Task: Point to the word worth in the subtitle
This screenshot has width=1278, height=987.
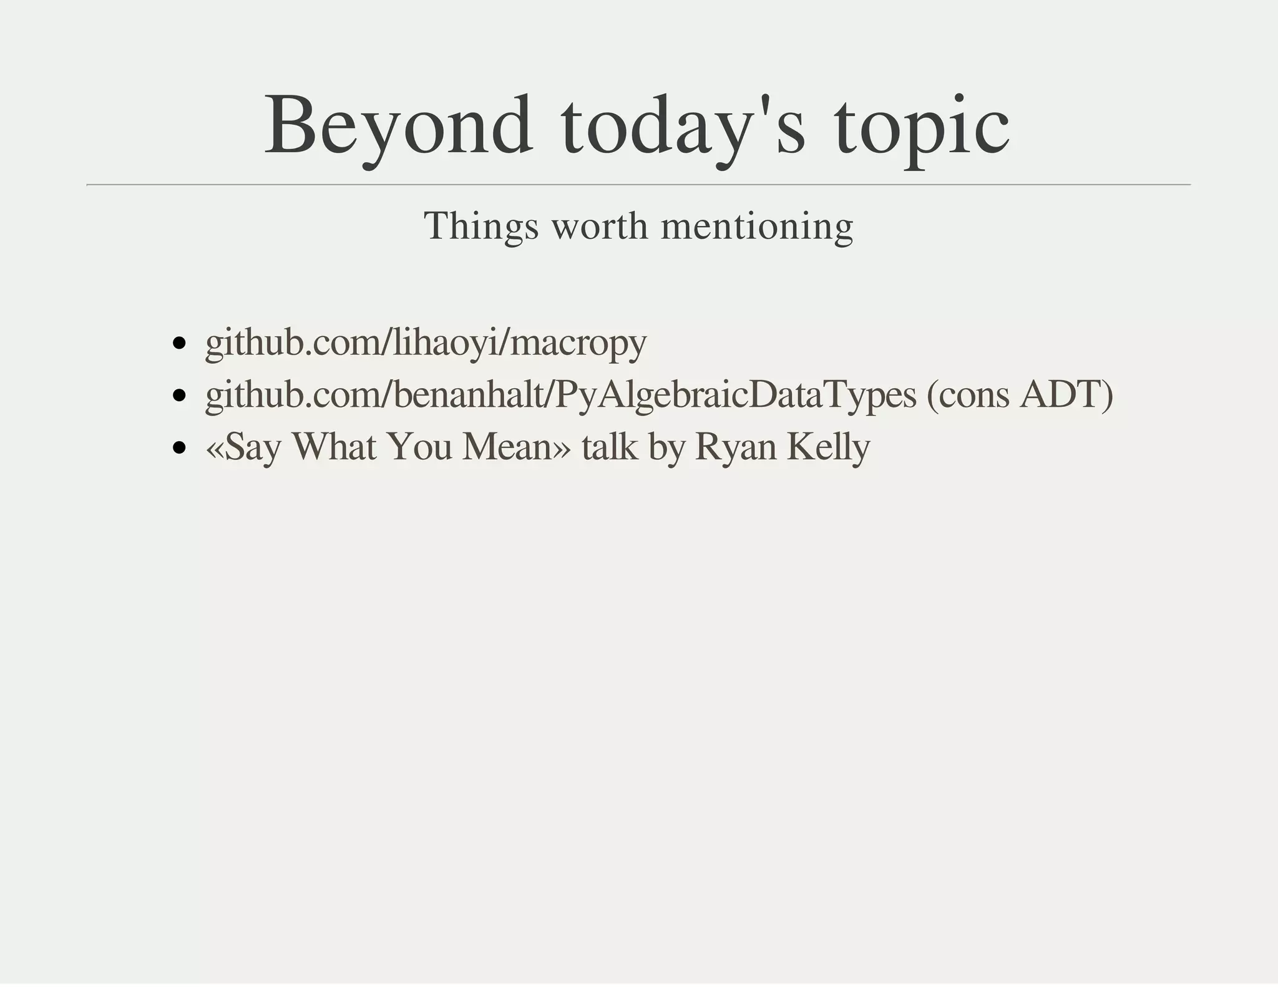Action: [x=600, y=226]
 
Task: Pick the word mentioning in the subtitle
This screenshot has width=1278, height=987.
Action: [x=757, y=226]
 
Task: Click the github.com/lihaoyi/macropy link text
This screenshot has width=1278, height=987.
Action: [x=426, y=343]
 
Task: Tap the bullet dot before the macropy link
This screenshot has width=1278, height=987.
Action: [x=180, y=343]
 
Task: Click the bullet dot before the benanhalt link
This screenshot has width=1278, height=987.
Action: [x=180, y=396]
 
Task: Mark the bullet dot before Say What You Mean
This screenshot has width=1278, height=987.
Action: [x=180, y=447]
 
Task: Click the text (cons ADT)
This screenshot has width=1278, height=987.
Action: [x=1020, y=395]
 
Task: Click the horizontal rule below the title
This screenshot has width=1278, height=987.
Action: [x=638, y=185]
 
